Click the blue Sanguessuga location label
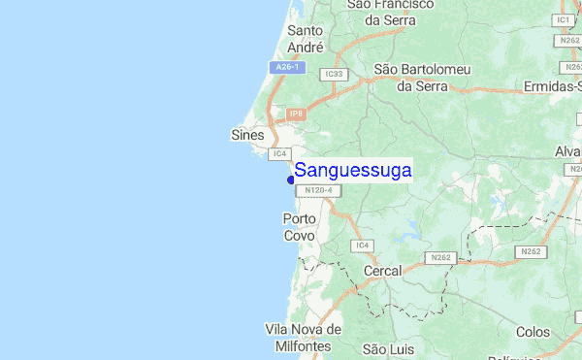tap(353, 171)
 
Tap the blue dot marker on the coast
tap(291, 179)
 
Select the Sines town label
tap(248, 135)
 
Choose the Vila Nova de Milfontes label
tap(303, 338)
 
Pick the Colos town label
tap(533, 332)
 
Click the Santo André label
tap(305, 38)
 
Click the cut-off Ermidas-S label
tap(548, 87)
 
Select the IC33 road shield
tap(336, 74)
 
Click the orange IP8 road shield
tap(296, 114)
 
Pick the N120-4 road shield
tap(317, 191)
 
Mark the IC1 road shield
tap(564, 19)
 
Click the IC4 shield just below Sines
tap(280, 153)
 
